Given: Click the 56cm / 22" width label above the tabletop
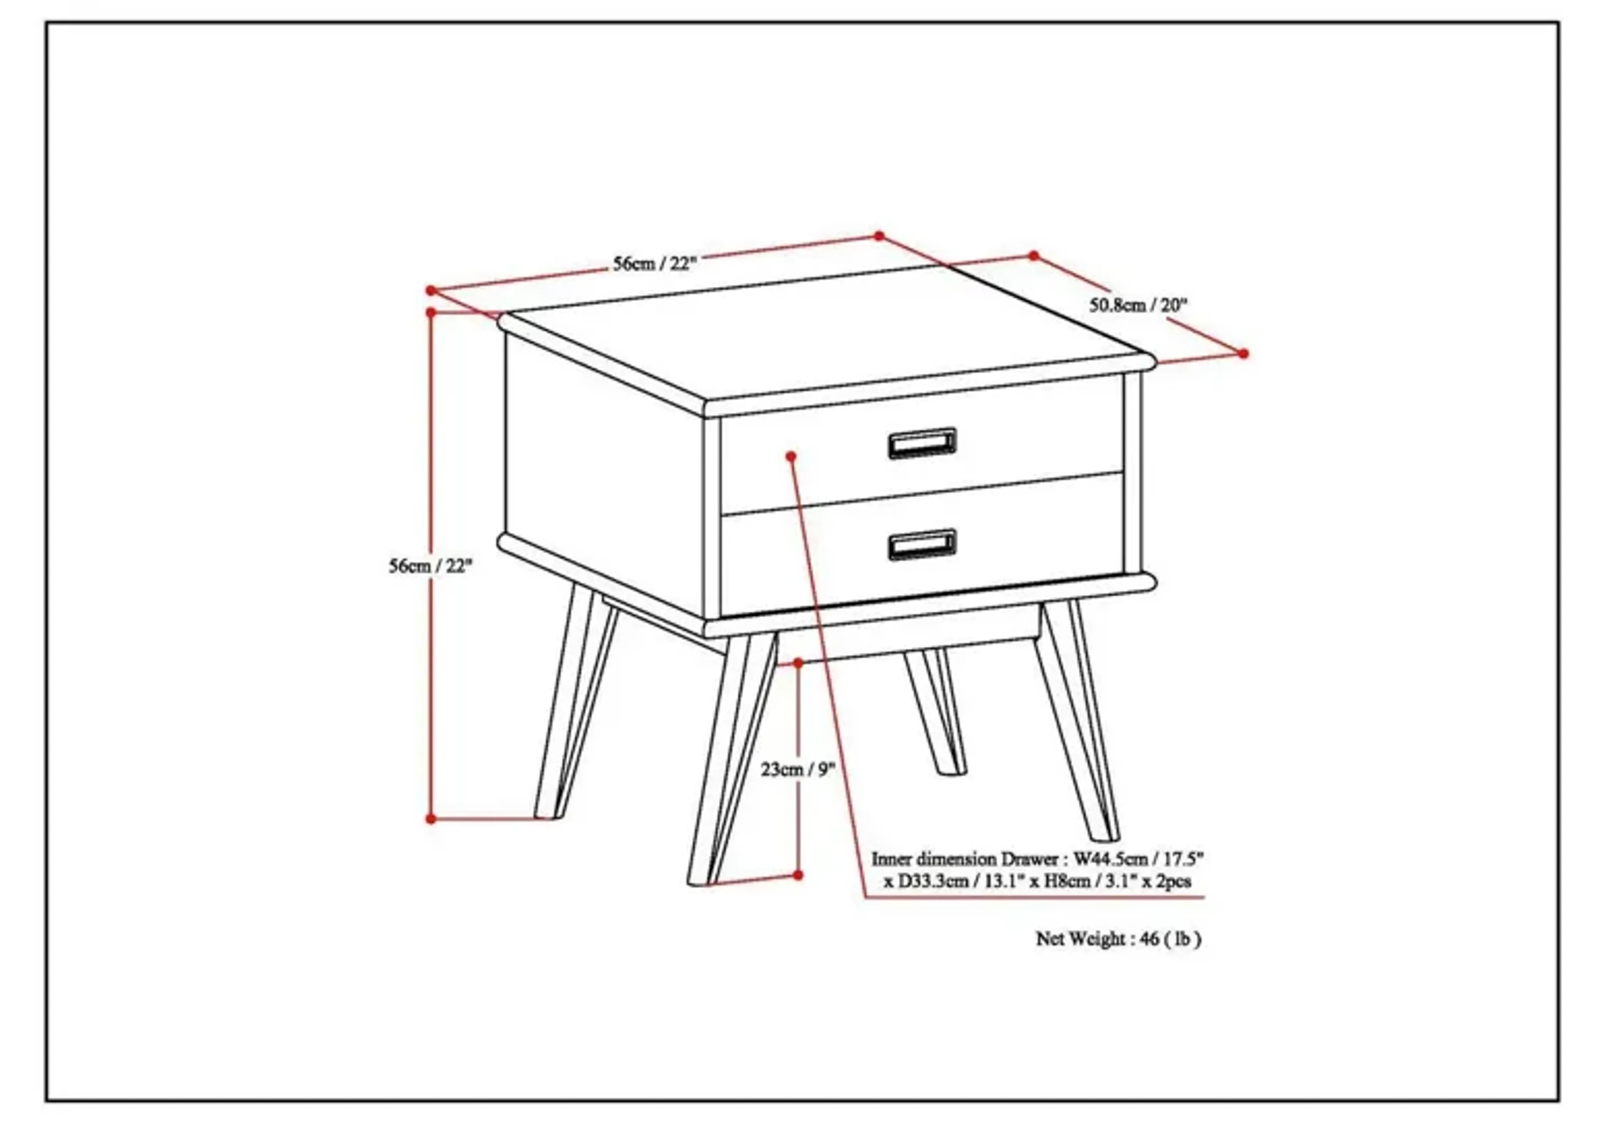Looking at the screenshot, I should click(x=654, y=263).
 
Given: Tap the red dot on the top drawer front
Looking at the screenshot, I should click(x=791, y=456).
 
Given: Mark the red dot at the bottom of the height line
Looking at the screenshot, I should click(x=431, y=819).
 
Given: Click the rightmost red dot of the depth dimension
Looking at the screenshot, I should click(x=1243, y=353).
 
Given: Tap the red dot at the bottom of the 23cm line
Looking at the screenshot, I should click(x=798, y=875).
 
